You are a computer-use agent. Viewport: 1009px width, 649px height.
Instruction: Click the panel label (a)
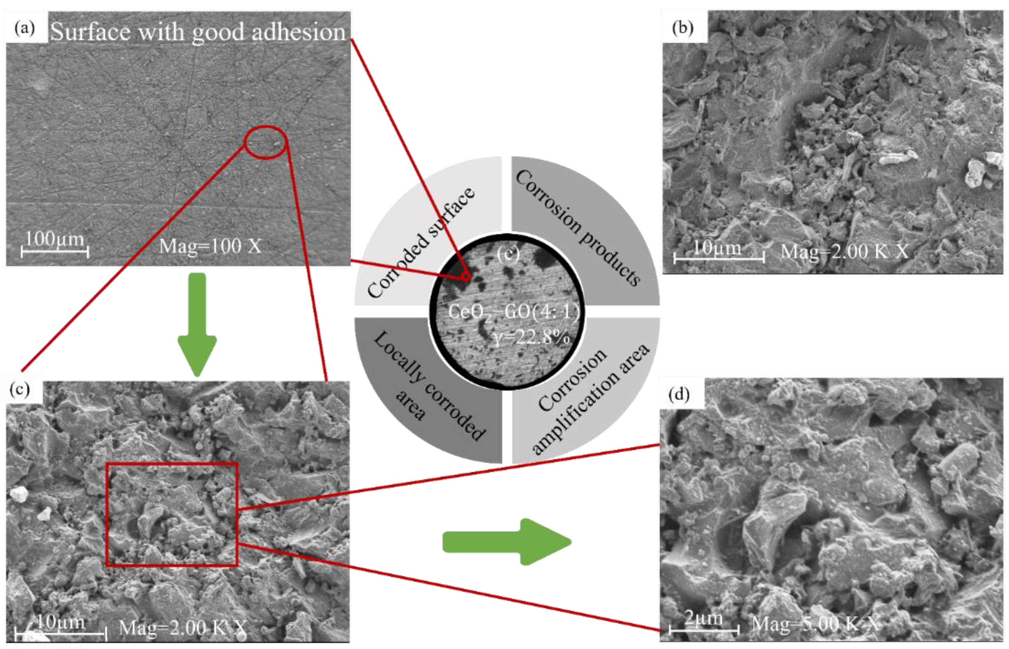tap(25, 29)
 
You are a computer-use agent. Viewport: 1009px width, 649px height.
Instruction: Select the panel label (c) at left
tap(20, 390)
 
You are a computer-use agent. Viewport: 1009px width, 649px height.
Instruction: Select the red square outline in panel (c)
tap(172, 514)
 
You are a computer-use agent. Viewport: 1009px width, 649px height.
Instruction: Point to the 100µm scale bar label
tap(55, 239)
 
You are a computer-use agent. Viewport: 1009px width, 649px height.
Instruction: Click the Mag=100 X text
tap(210, 246)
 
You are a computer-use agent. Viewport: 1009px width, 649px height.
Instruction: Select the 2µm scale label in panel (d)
tap(703, 618)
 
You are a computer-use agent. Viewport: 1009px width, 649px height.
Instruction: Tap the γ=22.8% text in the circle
tap(532, 337)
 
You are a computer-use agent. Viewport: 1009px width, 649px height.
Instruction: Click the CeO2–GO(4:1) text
tap(514, 312)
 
